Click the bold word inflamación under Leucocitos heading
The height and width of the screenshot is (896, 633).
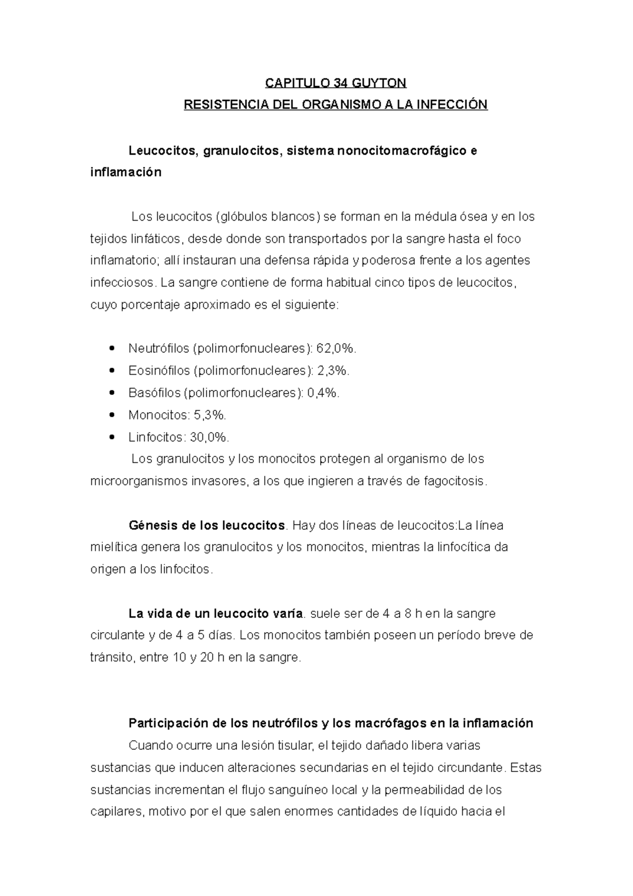click(x=126, y=173)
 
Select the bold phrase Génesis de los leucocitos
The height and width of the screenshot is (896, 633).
click(x=206, y=526)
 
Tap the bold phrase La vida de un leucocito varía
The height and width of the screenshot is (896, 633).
click(x=216, y=614)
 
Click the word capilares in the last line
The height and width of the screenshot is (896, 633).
click(x=116, y=812)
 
